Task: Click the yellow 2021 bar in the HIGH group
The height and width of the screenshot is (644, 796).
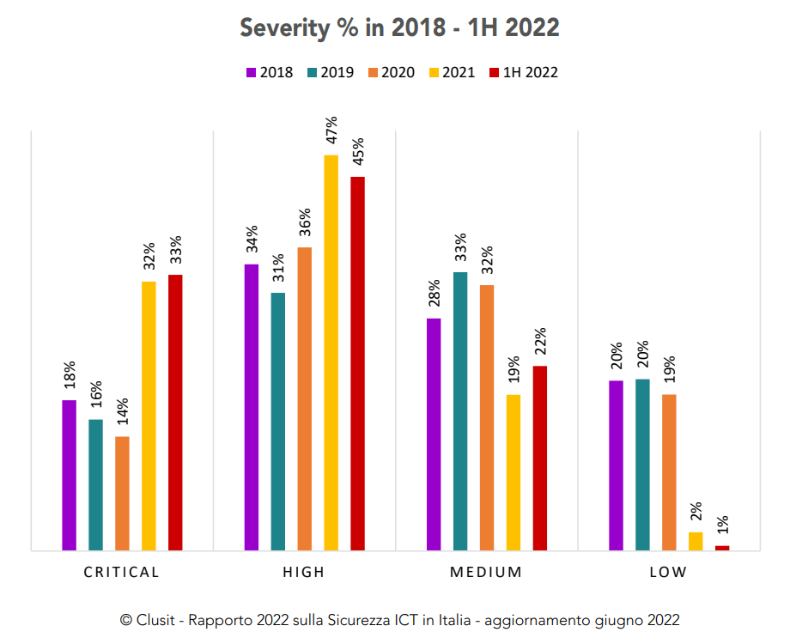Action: point(331,352)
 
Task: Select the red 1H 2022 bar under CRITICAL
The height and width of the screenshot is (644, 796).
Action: point(175,412)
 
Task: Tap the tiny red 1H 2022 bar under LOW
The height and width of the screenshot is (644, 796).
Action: point(722,547)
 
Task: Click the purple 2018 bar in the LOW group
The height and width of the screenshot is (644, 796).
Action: point(616,465)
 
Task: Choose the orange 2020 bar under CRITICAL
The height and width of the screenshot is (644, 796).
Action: point(122,493)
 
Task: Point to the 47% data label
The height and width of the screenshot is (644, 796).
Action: point(331,133)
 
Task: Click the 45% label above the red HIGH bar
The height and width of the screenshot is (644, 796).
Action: point(358,155)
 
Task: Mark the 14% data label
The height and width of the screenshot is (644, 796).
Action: point(123,415)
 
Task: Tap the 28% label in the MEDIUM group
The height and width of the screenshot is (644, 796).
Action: point(434,296)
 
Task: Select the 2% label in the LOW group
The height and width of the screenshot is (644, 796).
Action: point(696,512)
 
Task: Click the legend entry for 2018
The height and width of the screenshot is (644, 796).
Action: point(270,72)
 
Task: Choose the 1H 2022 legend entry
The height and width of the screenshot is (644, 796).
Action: point(523,72)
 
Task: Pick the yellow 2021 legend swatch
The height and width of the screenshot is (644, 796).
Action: point(434,72)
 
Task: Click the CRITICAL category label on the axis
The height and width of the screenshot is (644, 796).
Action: point(121,573)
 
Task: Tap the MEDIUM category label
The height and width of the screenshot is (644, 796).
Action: point(486,573)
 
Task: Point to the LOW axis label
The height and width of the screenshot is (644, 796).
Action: point(668,573)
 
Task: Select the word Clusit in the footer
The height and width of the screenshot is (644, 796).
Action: point(155,620)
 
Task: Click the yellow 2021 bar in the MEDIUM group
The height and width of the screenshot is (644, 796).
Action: point(513,472)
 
